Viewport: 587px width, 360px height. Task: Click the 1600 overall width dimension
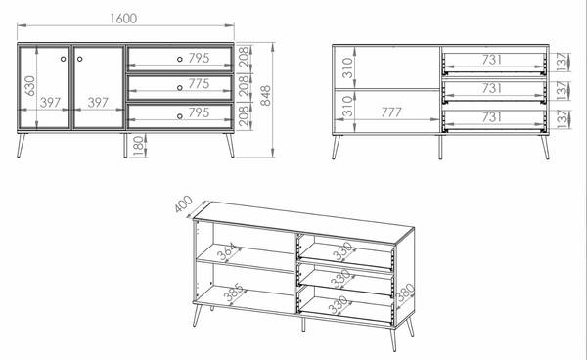click(123, 19)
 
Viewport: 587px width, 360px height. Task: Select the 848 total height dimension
click(265, 96)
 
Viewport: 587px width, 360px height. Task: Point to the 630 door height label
click(29, 86)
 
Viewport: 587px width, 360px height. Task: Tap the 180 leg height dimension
click(138, 146)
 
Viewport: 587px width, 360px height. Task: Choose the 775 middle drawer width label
click(199, 84)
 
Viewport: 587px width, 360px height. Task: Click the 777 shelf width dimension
click(391, 112)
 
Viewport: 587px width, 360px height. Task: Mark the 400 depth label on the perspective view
click(184, 203)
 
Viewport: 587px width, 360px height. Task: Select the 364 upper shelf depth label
click(228, 251)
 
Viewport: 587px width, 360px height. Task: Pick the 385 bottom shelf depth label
click(233, 292)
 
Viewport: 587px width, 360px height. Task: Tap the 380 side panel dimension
click(406, 292)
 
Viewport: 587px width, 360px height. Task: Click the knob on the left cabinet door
click(63, 59)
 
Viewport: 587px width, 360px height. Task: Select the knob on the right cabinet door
click(80, 59)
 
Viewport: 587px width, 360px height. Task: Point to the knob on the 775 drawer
click(180, 88)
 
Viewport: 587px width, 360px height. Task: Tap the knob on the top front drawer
click(180, 59)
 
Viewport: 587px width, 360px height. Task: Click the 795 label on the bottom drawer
click(199, 112)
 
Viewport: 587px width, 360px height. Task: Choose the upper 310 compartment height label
click(347, 67)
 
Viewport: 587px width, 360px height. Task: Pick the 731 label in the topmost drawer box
click(491, 60)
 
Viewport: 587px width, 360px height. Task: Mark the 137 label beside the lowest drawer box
click(563, 119)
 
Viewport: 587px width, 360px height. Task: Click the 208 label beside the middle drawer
click(243, 86)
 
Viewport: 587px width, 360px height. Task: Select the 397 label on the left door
click(50, 102)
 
